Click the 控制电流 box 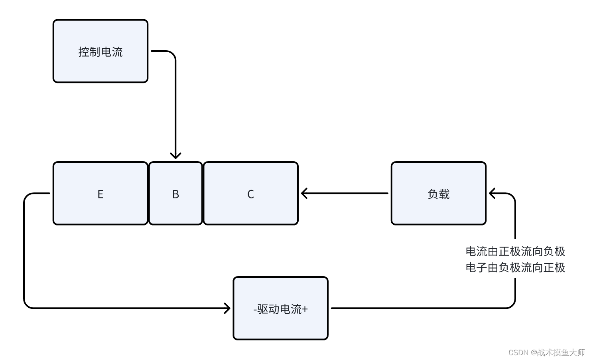100,64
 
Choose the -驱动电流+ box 280,323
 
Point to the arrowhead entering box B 175,156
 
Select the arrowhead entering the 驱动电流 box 227,308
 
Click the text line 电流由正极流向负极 515,251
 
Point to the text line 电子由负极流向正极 515,267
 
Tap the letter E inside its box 100,194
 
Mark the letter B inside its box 175,194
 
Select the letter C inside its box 250,194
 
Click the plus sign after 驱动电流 305,309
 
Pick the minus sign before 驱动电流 255,309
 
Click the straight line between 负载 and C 347,194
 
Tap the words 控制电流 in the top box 100,52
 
